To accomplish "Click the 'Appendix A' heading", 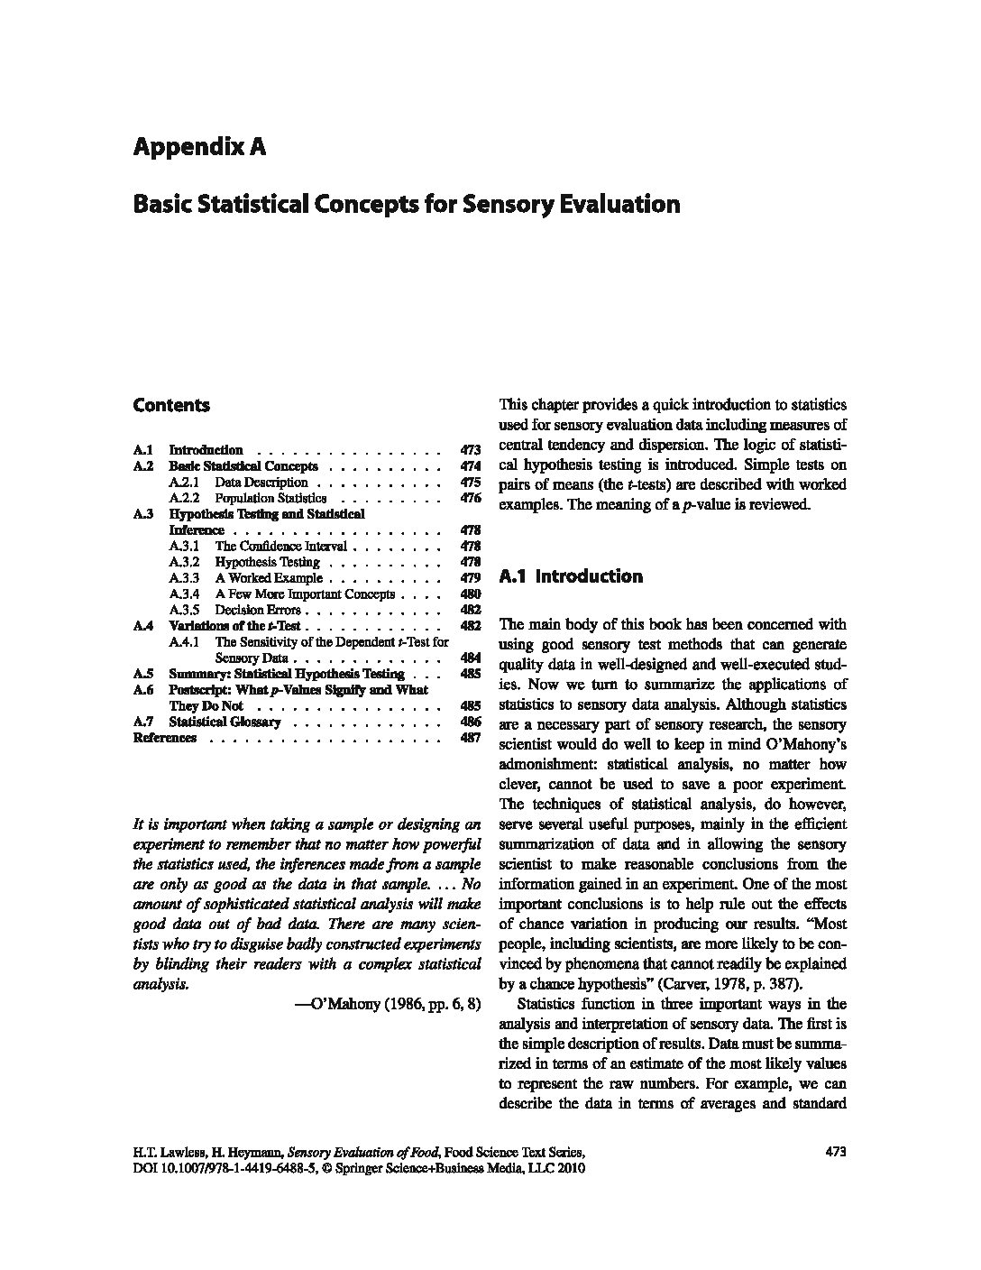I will pyautogui.click(x=199, y=147).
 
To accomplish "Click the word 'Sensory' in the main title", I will pyautogui.click(x=506, y=205).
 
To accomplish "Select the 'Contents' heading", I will pyautogui.click(x=170, y=405).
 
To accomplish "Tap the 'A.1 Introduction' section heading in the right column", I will pyautogui.click(x=571, y=576).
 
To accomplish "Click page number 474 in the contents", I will pyautogui.click(x=470, y=466).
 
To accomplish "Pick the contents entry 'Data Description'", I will pyautogui.click(x=261, y=483).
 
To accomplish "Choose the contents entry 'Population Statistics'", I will pyautogui.click(x=270, y=498).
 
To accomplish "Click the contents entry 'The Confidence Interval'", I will pyautogui.click(x=280, y=547).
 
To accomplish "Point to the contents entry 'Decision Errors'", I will pyautogui.click(x=257, y=611).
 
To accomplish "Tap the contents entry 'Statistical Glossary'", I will pyautogui.click(x=225, y=722).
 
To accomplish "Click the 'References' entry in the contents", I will pyautogui.click(x=164, y=738).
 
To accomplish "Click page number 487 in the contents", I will pyautogui.click(x=470, y=738).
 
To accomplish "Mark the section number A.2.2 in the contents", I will pyautogui.click(x=184, y=498).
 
